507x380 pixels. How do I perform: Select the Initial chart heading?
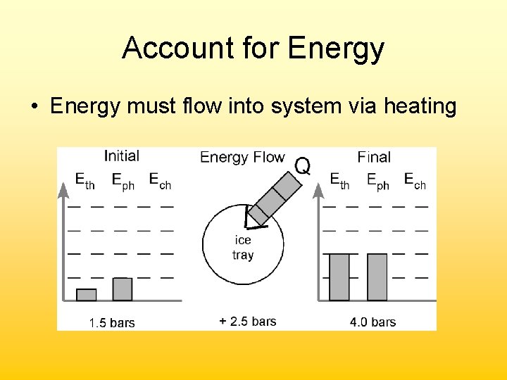coord(121,156)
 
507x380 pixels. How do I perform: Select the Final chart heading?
coord(373,157)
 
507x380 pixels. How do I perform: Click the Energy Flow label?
coord(242,157)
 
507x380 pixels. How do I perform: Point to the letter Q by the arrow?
coord(301,166)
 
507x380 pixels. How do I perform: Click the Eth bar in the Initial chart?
coord(86,295)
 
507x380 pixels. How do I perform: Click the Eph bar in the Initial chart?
coord(123,289)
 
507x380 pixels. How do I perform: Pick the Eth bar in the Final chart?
coord(339,277)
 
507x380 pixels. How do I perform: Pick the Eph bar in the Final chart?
coord(377,277)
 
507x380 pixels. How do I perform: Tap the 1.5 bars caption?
coord(111,323)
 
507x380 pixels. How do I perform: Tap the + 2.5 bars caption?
coord(247,322)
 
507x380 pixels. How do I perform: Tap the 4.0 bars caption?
coord(373,322)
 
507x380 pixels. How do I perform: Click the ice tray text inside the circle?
coord(243,248)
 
